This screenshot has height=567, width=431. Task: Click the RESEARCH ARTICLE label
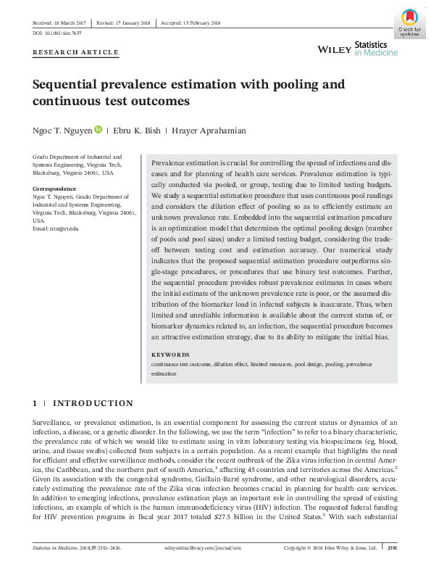76,53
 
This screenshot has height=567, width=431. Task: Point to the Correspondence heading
55,189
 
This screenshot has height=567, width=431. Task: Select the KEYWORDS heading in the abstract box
170,355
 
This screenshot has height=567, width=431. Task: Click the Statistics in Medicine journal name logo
375,49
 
